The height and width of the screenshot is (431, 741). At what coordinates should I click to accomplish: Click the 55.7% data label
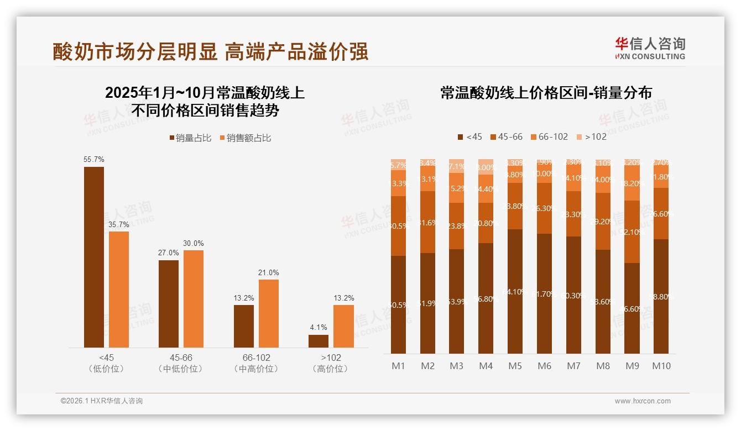pos(93,159)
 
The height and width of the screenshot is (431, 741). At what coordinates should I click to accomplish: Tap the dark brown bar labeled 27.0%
pos(169,303)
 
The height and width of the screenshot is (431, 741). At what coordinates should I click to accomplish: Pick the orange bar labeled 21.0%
pos(268,313)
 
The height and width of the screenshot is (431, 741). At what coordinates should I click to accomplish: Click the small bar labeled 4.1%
pos(319,341)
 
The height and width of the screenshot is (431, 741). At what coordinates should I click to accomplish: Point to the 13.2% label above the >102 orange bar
pos(343,298)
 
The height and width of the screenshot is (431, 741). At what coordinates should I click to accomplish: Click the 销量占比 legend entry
pos(190,138)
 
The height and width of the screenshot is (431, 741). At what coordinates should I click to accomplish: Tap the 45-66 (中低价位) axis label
pos(181,363)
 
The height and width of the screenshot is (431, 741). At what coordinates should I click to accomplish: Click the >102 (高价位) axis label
pos(331,363)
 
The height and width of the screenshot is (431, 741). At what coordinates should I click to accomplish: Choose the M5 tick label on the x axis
pos(515,366)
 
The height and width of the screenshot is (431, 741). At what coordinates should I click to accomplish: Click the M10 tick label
pos(661,366)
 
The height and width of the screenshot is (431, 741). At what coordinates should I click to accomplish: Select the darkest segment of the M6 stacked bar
pos(544,293)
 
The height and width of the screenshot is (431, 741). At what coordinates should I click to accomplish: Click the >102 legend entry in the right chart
pos(591,136)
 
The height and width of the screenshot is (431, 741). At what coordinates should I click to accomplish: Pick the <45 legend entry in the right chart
pos(469,136)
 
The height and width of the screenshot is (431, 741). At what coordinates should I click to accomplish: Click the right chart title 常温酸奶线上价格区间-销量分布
pos(546,93)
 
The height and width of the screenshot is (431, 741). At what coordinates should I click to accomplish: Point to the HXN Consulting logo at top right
pos(650,48)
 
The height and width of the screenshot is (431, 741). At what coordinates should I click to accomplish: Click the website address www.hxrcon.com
pos(643,401)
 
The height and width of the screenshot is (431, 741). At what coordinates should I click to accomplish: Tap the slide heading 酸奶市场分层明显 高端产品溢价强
pos(210,51)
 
